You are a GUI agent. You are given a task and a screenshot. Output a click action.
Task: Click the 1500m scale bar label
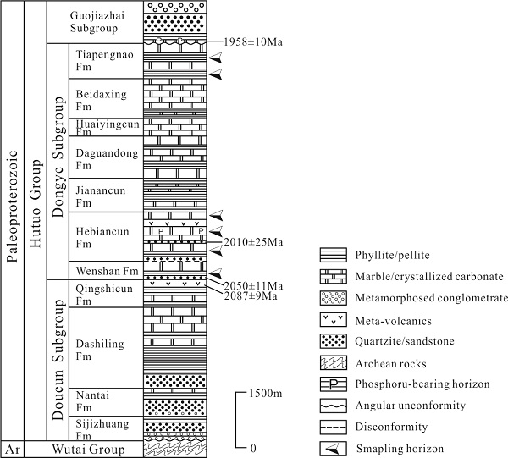(269, 395)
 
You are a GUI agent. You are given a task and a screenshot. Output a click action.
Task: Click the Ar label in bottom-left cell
(11, 449)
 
